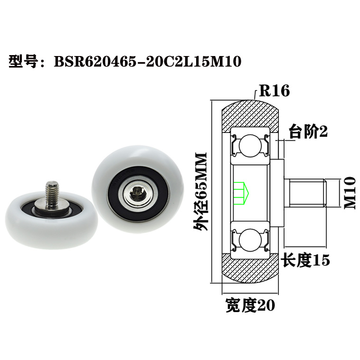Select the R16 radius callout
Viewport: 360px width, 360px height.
click(x=273, y=91)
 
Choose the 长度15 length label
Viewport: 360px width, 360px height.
click(x=305, y=260)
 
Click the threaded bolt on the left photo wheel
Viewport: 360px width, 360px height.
click(x=52, y=190)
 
